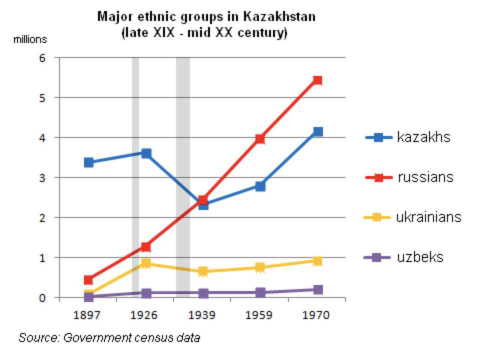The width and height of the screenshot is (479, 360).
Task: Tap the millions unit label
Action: pos(30,39)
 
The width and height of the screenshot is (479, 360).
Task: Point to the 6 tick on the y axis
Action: pos(42,58)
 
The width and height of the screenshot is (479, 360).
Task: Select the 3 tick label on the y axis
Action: pos(42,178)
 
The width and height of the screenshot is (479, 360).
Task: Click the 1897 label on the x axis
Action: pos(87,315)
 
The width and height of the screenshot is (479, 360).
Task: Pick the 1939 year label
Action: pos(202,315)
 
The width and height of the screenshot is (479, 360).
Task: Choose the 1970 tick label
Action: pos(316,315)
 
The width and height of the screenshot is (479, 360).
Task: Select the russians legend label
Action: pos(425,177)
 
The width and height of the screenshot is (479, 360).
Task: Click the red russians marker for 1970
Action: pos(317,80)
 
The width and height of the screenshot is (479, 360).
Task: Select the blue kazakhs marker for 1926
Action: pos(146,153)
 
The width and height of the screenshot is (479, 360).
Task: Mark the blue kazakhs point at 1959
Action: pos(260,186)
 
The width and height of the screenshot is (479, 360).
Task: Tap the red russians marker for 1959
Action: pos(260,139)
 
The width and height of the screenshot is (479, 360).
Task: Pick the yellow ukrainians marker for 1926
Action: pos(146,263)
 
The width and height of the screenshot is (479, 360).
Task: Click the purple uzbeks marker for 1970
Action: pos(317,289)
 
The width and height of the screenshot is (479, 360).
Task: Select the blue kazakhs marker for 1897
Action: pos(89,162)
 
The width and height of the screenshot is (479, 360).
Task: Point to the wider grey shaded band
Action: pos(182,175)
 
